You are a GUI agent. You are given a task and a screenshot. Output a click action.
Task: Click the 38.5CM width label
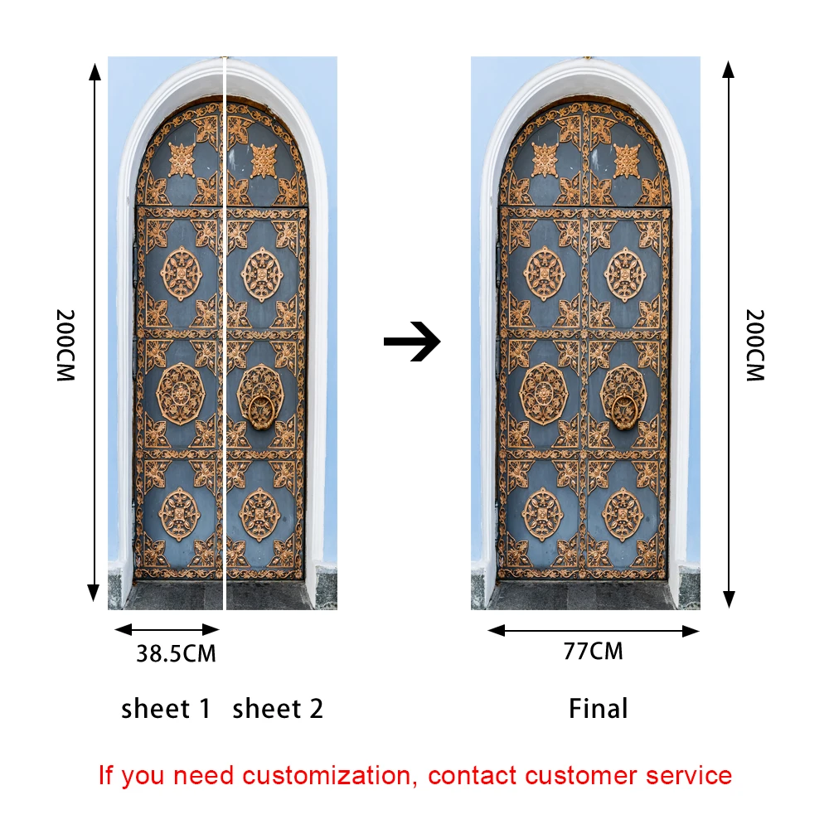tap(176, 654)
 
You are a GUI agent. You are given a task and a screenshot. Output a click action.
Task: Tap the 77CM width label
tap(593, 652)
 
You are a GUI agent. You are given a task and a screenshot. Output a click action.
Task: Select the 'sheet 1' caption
tap(166, 709)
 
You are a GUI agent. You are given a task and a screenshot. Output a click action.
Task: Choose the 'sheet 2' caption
tap(278, 709)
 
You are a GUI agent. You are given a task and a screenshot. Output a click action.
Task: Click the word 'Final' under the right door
tap(598, 709)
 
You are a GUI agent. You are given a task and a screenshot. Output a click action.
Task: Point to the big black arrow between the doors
tap(412, 341)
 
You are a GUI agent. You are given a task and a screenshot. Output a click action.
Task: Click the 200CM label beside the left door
tap(65, 345)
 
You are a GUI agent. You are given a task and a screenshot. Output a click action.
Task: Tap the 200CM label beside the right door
tap(754, 345)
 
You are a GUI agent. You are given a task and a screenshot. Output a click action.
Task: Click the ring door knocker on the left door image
tap(261, 410)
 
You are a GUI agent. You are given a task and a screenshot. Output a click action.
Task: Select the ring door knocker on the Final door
tap(623, 410)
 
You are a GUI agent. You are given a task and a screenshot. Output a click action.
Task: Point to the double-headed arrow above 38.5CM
tap(167, 629)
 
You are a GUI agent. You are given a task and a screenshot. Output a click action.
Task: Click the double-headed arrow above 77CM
tap(594, 631)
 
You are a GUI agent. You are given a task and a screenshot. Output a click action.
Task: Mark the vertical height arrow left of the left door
tap(95, 332)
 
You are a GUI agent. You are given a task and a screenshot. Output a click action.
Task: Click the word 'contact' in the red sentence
tap(473, 776)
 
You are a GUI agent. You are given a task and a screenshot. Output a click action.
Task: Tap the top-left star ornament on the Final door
tap(545, 160)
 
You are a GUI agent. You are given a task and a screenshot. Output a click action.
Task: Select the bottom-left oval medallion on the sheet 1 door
tap(180, 514)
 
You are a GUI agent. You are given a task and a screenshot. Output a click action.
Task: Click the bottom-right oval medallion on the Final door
tap(623, 514)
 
